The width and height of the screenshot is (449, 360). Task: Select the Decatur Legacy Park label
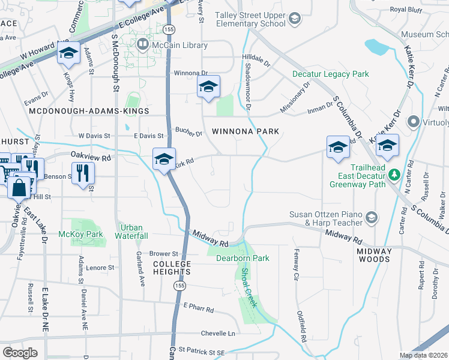(x=330, y=74)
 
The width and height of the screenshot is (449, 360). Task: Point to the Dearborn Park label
(x=243, y=258)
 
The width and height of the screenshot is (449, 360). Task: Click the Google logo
(x=20, y=352)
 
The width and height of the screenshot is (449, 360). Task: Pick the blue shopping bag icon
(x=20, y=186)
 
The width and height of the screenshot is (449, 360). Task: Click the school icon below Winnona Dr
(x=208, y=87)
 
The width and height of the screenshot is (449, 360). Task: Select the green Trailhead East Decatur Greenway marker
(x=394, y=175)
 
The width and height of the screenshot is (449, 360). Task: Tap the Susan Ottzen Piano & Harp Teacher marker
(x=372, y=217)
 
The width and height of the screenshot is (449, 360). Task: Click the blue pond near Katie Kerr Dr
(x=375, y=46)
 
